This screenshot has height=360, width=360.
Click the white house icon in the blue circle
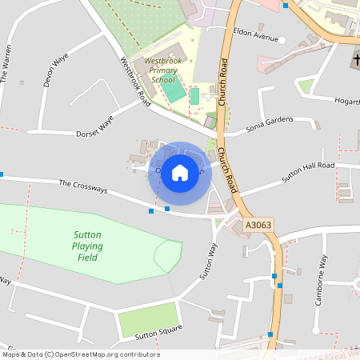coord(180,172)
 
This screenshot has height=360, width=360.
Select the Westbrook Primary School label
coord(155,70)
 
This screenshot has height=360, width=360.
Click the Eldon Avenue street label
coord(255,38)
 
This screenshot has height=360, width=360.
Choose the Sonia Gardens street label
coord(270,123)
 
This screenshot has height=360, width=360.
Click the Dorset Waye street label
coord(95,127)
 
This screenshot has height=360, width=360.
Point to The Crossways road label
coord(89,189)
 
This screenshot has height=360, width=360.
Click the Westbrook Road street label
coord(135,82)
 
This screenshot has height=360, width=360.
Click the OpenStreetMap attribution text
coord(80,354)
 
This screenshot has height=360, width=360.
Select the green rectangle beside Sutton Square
coord(147,319)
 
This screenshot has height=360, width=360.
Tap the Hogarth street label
coord(346,101)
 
